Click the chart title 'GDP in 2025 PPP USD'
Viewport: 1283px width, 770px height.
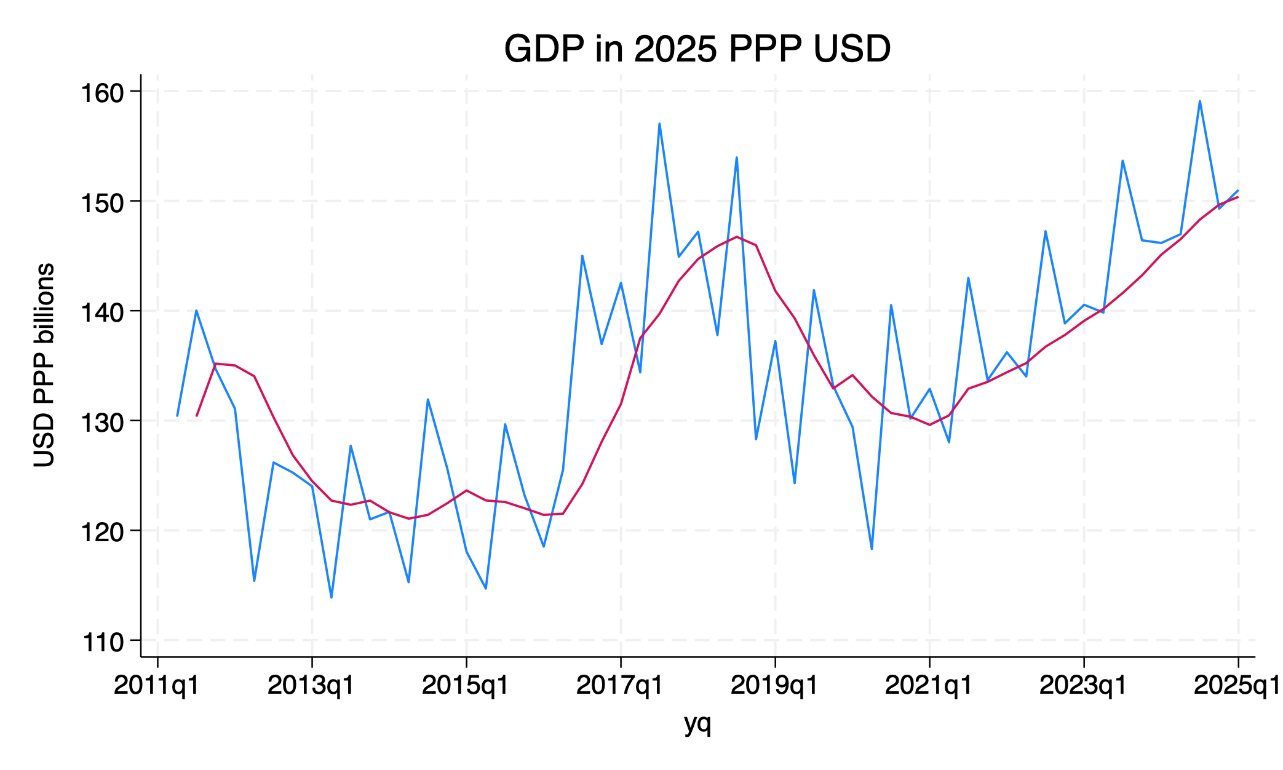(x=697, y=49)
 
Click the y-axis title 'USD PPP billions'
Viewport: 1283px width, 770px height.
(x=44, y=365)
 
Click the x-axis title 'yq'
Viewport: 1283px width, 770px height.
(x=697, y=723)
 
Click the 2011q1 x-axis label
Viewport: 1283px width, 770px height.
(x=157, y=685)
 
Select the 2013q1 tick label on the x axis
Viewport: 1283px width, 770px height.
(x=312, y=685)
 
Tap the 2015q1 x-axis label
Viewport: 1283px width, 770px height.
(x=466, y=685)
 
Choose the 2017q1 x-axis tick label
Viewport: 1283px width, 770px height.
(x=621, y=685)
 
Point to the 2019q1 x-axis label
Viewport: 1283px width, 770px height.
(x=775, y=685)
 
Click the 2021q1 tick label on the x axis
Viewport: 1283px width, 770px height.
(x=929, y=685)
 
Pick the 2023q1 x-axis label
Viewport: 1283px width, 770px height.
(x=1084, y=685)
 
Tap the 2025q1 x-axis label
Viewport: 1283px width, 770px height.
(x=1236, y=685)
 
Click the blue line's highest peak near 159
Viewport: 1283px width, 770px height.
(x=1199, y=101)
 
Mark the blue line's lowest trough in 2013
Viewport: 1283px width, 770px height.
(x=332, y=597)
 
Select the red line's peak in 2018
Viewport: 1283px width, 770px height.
(x=737, y=237)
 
